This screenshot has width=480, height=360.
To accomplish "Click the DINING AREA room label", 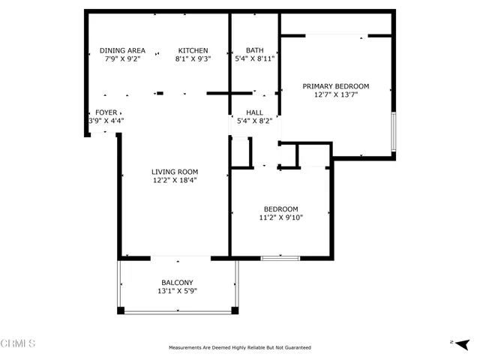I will click(122, 50).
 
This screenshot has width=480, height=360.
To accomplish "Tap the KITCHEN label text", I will click(193, 50).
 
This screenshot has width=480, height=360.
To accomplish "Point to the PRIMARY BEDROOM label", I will click(336, 87).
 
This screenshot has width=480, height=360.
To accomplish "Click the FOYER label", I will click(106, 112).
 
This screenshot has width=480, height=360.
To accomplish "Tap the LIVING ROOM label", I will click(177, 172).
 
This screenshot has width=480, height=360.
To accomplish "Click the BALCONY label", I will click(177, 283).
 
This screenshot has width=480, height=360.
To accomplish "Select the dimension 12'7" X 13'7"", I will click(336, 95).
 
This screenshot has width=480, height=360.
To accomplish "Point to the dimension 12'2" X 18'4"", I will click(177, 180).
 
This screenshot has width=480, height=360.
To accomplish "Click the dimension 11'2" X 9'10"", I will click(281, 217).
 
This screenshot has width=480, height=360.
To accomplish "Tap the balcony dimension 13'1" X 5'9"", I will click(177, 291).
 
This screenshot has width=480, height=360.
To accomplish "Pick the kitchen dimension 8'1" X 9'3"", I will click(193, 58).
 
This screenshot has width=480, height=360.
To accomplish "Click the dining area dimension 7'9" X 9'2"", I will click(122, 58).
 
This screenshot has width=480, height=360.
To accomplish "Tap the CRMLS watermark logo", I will click(18, 343).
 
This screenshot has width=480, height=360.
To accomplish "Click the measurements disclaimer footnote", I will click(240, 348).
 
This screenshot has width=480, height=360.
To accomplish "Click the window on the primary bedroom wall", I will click(393, 133).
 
